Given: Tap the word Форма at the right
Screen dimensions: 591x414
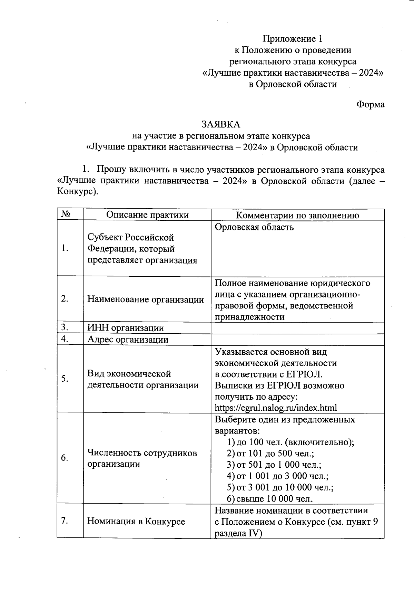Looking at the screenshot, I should pyautogui.click(x=371, y=104).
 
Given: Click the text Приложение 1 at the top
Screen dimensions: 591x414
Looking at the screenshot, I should pyautogui.click(x=293, y=39).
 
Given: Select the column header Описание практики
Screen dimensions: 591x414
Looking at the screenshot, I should pyautogui.click(x=147, y=215).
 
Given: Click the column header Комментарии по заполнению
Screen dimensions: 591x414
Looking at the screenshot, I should pyautogui.click(x=297, y=215).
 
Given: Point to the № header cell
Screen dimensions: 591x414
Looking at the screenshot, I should pyautogui.click(x=66, y=215).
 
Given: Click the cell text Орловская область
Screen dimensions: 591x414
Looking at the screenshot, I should pyautogui.click(x=254, y=227).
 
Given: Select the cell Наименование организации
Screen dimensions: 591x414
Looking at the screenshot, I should pyautogui.click(x=146, y=299).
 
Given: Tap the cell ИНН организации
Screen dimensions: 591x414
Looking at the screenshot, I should pyautogui.click(x=126, y=328).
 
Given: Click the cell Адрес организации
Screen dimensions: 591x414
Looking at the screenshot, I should pyautogui.click(x=128, y=340).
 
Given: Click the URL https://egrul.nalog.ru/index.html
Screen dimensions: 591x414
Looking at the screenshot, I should pyautogui.click(x=276, y=408).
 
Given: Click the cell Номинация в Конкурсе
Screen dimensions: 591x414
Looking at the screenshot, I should pyautogui.click(x=136, y=521).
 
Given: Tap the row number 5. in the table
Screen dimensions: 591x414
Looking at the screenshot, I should pyautogui.click(x=65, y=379).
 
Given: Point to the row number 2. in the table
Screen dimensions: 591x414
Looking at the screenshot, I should pyautogui.click(x=65, y=299).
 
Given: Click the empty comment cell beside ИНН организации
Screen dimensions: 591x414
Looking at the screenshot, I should pyautogui.click(x=297, y=328).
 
